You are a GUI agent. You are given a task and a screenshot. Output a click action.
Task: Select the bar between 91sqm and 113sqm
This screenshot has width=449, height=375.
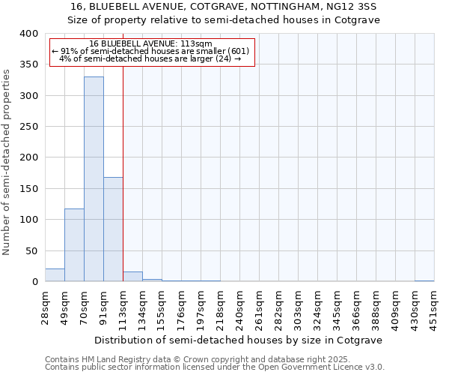click(x=113, y=229)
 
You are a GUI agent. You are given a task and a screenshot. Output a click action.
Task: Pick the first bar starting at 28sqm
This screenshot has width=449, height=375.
click(x=55, y=275)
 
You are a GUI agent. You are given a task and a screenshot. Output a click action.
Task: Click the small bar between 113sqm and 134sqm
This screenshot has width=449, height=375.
click(x=132, y=277)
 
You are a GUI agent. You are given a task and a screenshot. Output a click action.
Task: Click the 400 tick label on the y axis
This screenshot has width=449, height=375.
click(x=27, y=34)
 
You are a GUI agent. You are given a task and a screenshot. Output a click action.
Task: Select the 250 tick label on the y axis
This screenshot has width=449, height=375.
click(x=27, y=127)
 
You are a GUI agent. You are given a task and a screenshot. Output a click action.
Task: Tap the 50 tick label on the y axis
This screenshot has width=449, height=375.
click(x=30, y=250)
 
